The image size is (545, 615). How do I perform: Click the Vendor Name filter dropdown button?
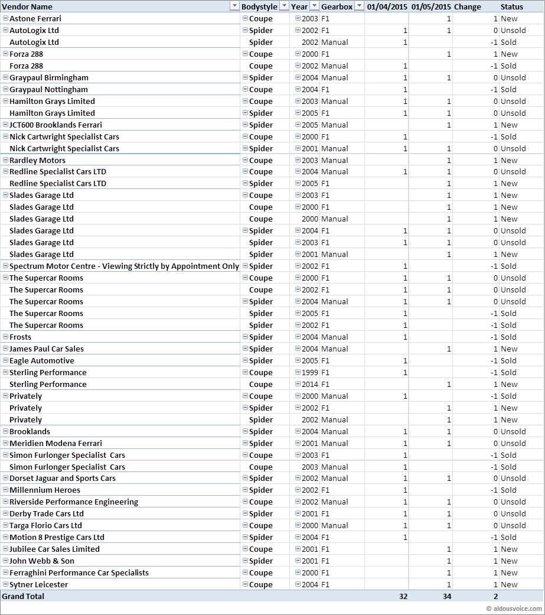[x=233, y=6]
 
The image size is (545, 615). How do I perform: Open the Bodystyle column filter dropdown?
[x=284, y=6]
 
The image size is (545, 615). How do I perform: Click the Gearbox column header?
[x=337, y=6]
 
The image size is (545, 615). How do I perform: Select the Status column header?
[x=511, y=6]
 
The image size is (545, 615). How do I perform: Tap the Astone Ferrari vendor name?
[x=35, y=18]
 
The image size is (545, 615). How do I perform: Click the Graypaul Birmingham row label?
[x=49, y=77]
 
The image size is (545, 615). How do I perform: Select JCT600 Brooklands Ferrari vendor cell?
[x=56, y=125]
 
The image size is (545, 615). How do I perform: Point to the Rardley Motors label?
[x=37, y=160]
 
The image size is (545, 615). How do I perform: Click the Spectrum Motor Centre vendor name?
[x=124, y=266]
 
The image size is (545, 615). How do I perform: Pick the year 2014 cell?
[x=309, y=384]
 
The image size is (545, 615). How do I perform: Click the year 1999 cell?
[x=309, y=372]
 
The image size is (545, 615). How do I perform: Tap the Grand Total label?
[x=23, y=596]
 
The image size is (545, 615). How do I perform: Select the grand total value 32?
[x=403, y=596]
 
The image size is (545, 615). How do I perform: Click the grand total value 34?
[x=446, y=596]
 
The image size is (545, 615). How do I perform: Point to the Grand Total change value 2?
[x=495, y=596]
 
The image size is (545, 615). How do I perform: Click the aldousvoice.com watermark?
[x=514, y=609]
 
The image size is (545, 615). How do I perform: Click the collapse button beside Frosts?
[x=5, y=337]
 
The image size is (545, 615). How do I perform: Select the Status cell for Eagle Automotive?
[x=508, y=360]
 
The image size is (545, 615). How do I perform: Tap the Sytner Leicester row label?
[x=38, y=584]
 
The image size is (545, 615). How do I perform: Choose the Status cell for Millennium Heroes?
[x=508, y=490]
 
